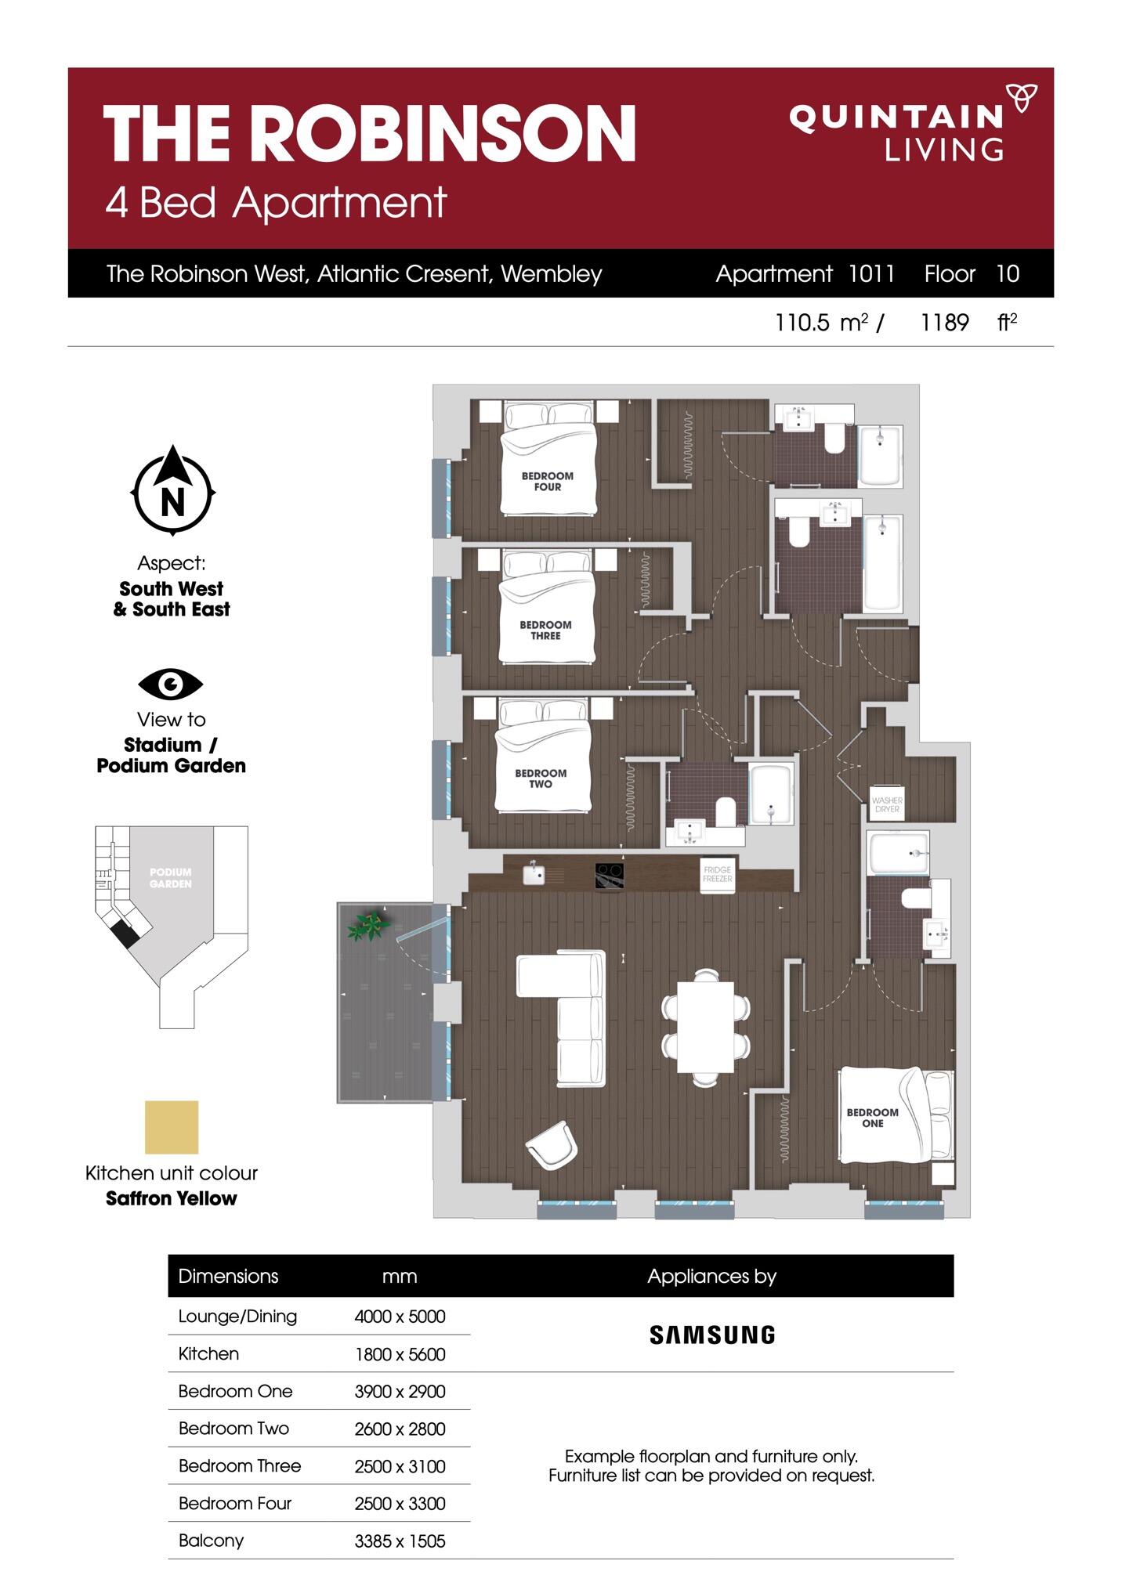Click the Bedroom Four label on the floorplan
(548, 481)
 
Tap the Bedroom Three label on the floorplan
(545, 630)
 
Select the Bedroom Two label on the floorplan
(541, 779)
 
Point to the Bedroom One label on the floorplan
(872, 1118)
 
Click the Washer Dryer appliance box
(887, 803)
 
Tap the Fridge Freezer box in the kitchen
(717, 874)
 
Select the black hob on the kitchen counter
(610, 875)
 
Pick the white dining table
(705, 1027)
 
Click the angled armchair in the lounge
(552, 1145)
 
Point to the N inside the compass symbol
(172, 500)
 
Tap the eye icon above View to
(171, 685)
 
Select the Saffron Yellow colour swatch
(172, 1127)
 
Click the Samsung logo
(712, 1335)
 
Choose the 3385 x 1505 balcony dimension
(400, 1541)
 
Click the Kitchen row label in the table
(208, 1353)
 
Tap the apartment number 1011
(871, 273)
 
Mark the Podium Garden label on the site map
(171, 878)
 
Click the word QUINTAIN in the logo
(896, 118)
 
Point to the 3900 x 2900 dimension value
(400, 1392)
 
